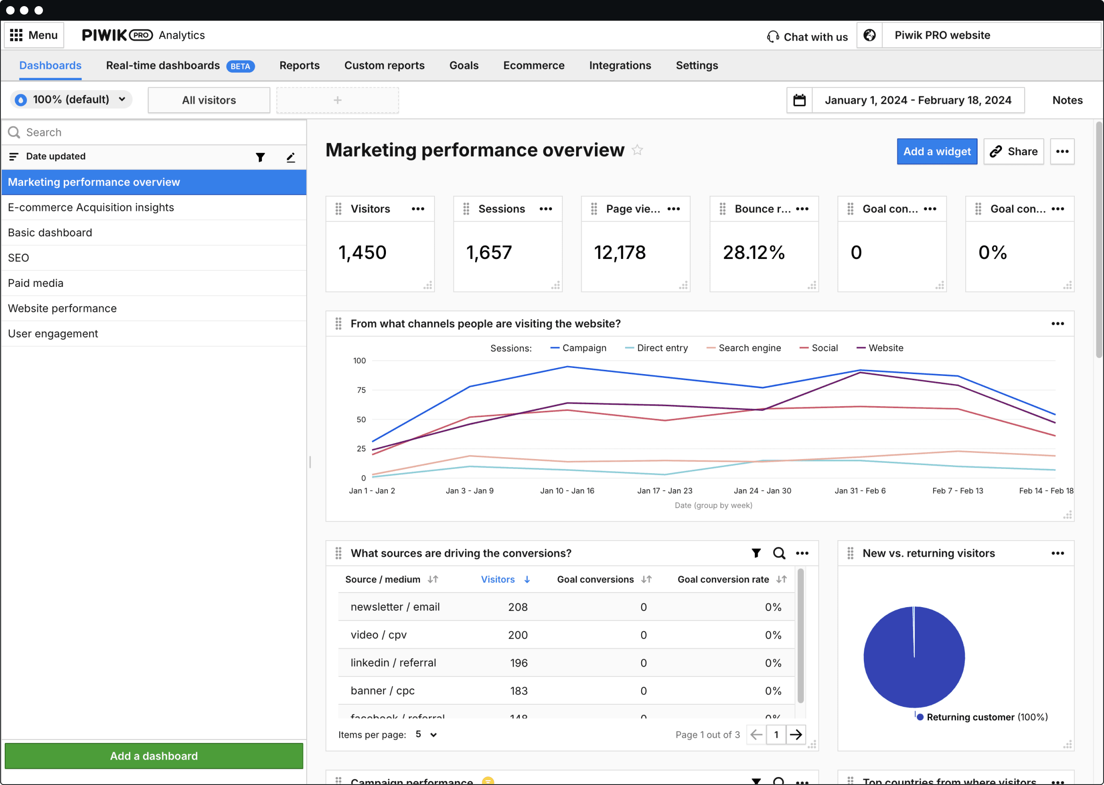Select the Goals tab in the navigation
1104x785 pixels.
464,65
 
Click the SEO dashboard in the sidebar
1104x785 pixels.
18,258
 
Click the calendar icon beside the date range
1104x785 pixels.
799,100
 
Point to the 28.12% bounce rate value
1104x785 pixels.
753,252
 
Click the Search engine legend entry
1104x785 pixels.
749,348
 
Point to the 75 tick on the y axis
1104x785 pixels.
361,390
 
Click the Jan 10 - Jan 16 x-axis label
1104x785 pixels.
567,491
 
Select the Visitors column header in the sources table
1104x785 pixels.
498,579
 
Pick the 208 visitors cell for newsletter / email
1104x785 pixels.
517,607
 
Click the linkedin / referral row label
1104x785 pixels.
393,663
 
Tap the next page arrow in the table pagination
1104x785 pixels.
795,735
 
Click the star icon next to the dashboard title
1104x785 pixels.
637,150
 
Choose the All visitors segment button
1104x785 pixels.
209,100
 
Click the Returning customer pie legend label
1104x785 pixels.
970,717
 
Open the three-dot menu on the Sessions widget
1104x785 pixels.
545,209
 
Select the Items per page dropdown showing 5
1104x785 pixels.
426,734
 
